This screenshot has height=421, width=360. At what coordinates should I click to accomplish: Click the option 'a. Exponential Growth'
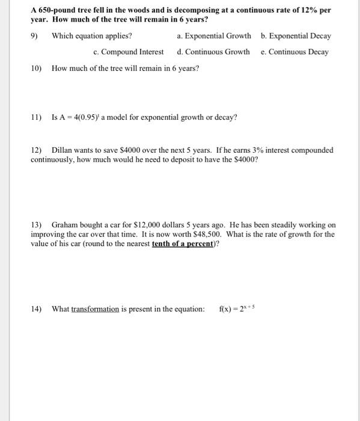coord(214,35)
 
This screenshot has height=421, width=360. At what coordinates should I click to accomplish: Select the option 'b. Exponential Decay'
coord(296,35)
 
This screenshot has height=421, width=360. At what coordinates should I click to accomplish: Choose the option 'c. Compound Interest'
coord(129,52)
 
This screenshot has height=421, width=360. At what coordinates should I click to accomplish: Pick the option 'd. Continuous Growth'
coord(213,52)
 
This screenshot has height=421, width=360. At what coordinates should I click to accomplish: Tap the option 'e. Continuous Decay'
coord(294,52)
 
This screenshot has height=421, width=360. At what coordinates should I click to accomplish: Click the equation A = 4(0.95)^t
coord(85,117)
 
